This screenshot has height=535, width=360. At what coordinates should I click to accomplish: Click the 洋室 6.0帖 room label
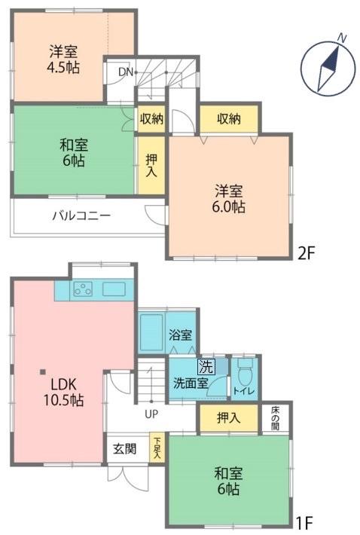230,197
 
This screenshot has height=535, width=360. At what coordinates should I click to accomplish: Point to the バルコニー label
81,216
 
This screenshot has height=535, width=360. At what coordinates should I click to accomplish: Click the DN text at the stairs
125,72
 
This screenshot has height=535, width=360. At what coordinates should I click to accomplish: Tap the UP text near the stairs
151,414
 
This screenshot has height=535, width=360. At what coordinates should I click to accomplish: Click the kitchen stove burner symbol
82,289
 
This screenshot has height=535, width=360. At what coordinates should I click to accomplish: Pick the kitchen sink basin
115,289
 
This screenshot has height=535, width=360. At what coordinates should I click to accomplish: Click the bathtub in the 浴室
152,330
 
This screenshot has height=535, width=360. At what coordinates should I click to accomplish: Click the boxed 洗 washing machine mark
205,368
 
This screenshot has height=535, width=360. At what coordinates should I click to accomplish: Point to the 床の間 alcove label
276,418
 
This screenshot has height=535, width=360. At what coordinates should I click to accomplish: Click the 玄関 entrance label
125,450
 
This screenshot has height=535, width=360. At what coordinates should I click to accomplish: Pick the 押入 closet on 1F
229,418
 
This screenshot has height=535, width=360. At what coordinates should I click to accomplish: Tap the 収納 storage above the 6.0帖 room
229,118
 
